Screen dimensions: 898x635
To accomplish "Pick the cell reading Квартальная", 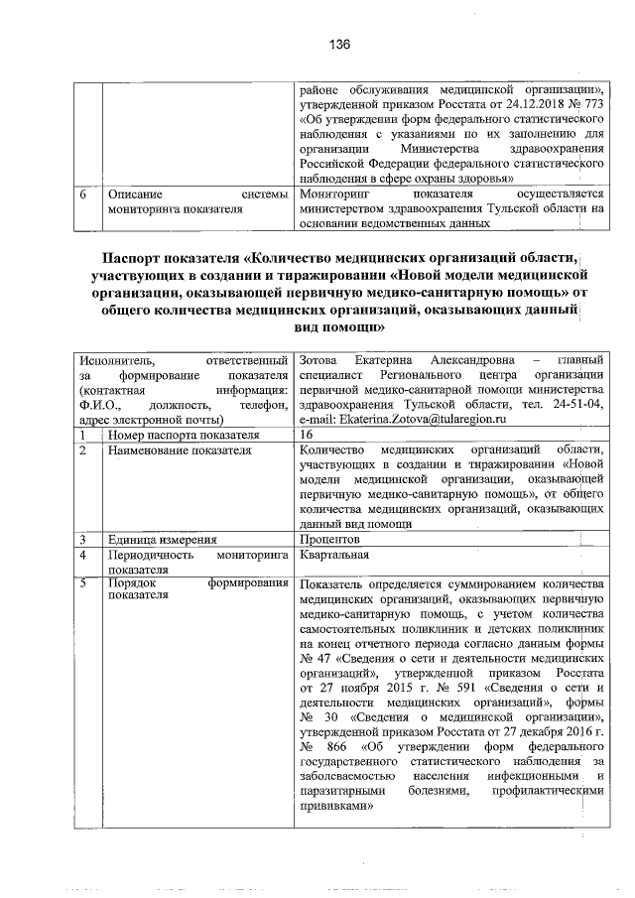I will click(333, 555).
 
